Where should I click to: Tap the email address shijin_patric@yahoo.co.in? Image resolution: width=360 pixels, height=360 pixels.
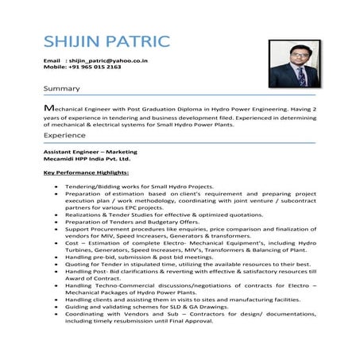pyautogui.click(x=109, y=60)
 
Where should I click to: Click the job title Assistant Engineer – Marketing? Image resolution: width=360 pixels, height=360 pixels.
pyautogui.click(x=91, y=151)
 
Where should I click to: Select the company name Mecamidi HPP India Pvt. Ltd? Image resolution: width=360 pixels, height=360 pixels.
pyautogui.click(x=86, y=159)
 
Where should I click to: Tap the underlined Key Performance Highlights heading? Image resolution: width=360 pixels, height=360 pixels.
pyautogui.click(x=87, y=172)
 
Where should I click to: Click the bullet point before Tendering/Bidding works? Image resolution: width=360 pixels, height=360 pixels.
pyautogui.click(x=56, y=186)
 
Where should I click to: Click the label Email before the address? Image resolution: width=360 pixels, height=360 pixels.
pyautogui.click(x=52, y=60)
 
